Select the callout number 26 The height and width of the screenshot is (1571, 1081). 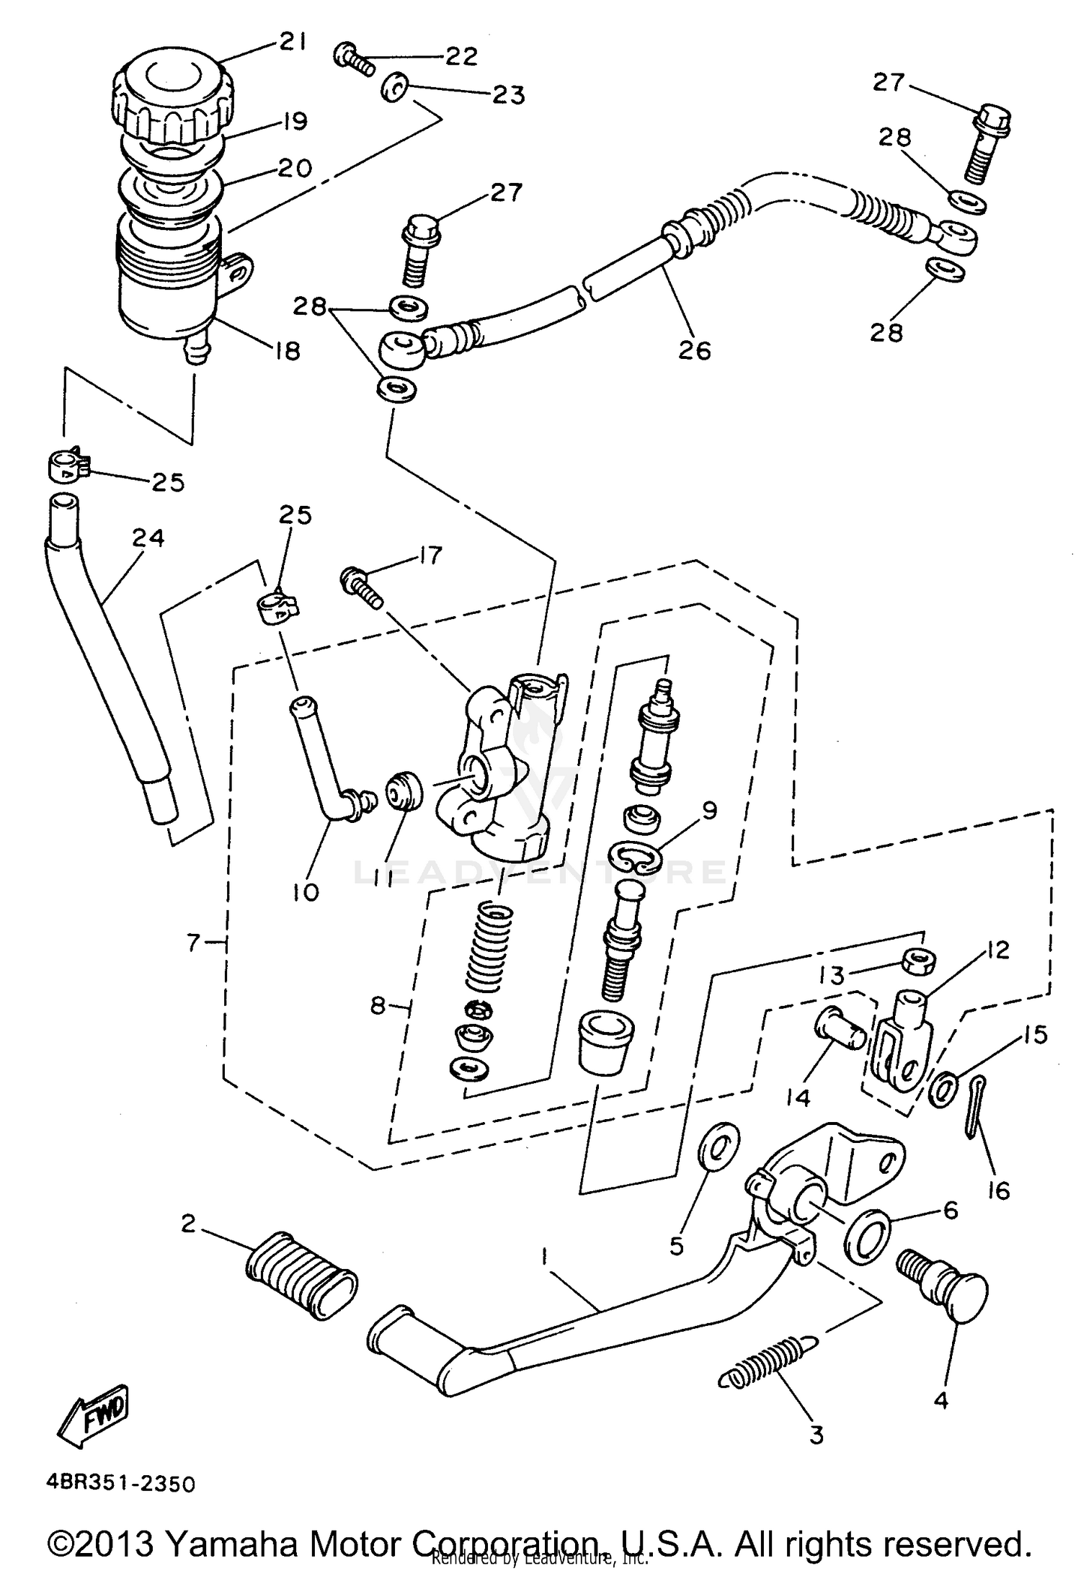pyautogui.click(x=694, y=350)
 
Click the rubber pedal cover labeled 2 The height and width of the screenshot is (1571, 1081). pyautogui.click(x=301, y=1273)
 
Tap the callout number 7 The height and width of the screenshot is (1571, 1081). pyautogui.click(x=192, y=942)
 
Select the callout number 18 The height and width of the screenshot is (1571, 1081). pyautogui.click(x=287, y=351)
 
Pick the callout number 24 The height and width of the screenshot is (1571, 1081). pyautogui.click(x=148, y=538)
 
